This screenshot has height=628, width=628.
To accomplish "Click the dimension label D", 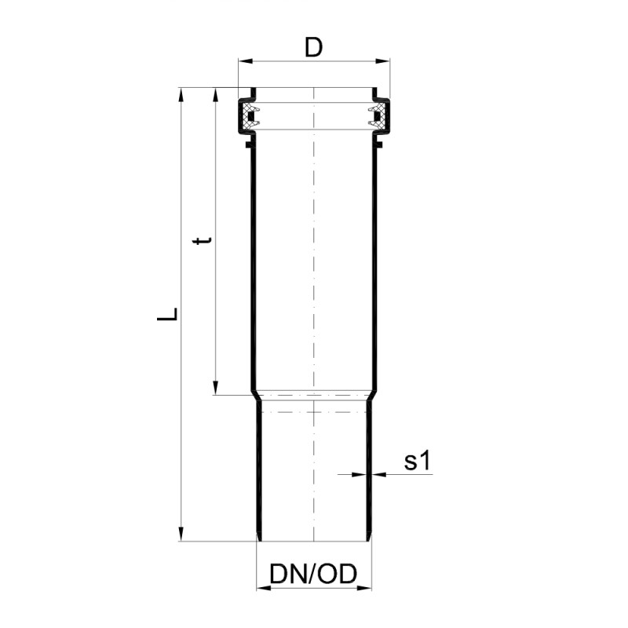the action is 313,47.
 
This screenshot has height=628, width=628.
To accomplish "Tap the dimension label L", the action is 167,314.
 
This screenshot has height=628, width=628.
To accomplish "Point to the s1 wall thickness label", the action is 417,461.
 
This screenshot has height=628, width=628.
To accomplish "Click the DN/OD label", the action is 313,574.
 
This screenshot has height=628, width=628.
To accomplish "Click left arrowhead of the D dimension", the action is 246,61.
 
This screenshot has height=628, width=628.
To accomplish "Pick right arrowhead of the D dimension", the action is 382,61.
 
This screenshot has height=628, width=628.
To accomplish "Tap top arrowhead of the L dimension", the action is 181,95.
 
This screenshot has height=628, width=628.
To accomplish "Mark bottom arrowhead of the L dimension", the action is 181,534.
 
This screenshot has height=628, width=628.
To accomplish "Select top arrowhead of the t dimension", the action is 215,95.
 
